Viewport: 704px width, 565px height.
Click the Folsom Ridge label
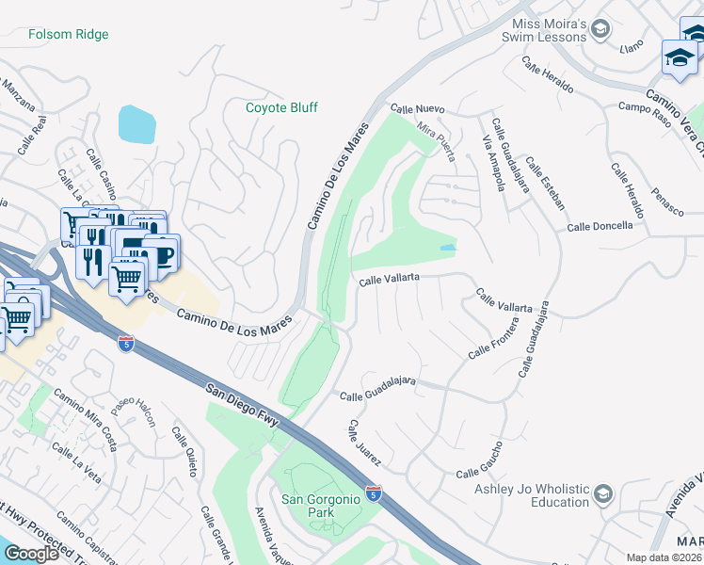point(68,35)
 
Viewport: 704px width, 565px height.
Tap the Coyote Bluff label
point(281,107)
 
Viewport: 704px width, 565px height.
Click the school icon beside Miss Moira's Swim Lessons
point(600,32)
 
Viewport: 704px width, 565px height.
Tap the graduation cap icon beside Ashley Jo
point(603,493)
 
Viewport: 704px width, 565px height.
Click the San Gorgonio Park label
point(321,506)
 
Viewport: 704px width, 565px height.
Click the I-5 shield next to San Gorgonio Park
point(374,493)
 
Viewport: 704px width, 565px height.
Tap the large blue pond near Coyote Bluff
point(137,124)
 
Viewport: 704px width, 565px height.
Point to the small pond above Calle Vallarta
point(447,248)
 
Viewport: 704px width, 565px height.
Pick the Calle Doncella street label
point(600,227)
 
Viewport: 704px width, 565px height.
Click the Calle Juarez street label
point(363,443)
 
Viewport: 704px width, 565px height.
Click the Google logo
point(31,553)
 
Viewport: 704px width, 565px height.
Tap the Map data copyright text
point(664,557)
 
